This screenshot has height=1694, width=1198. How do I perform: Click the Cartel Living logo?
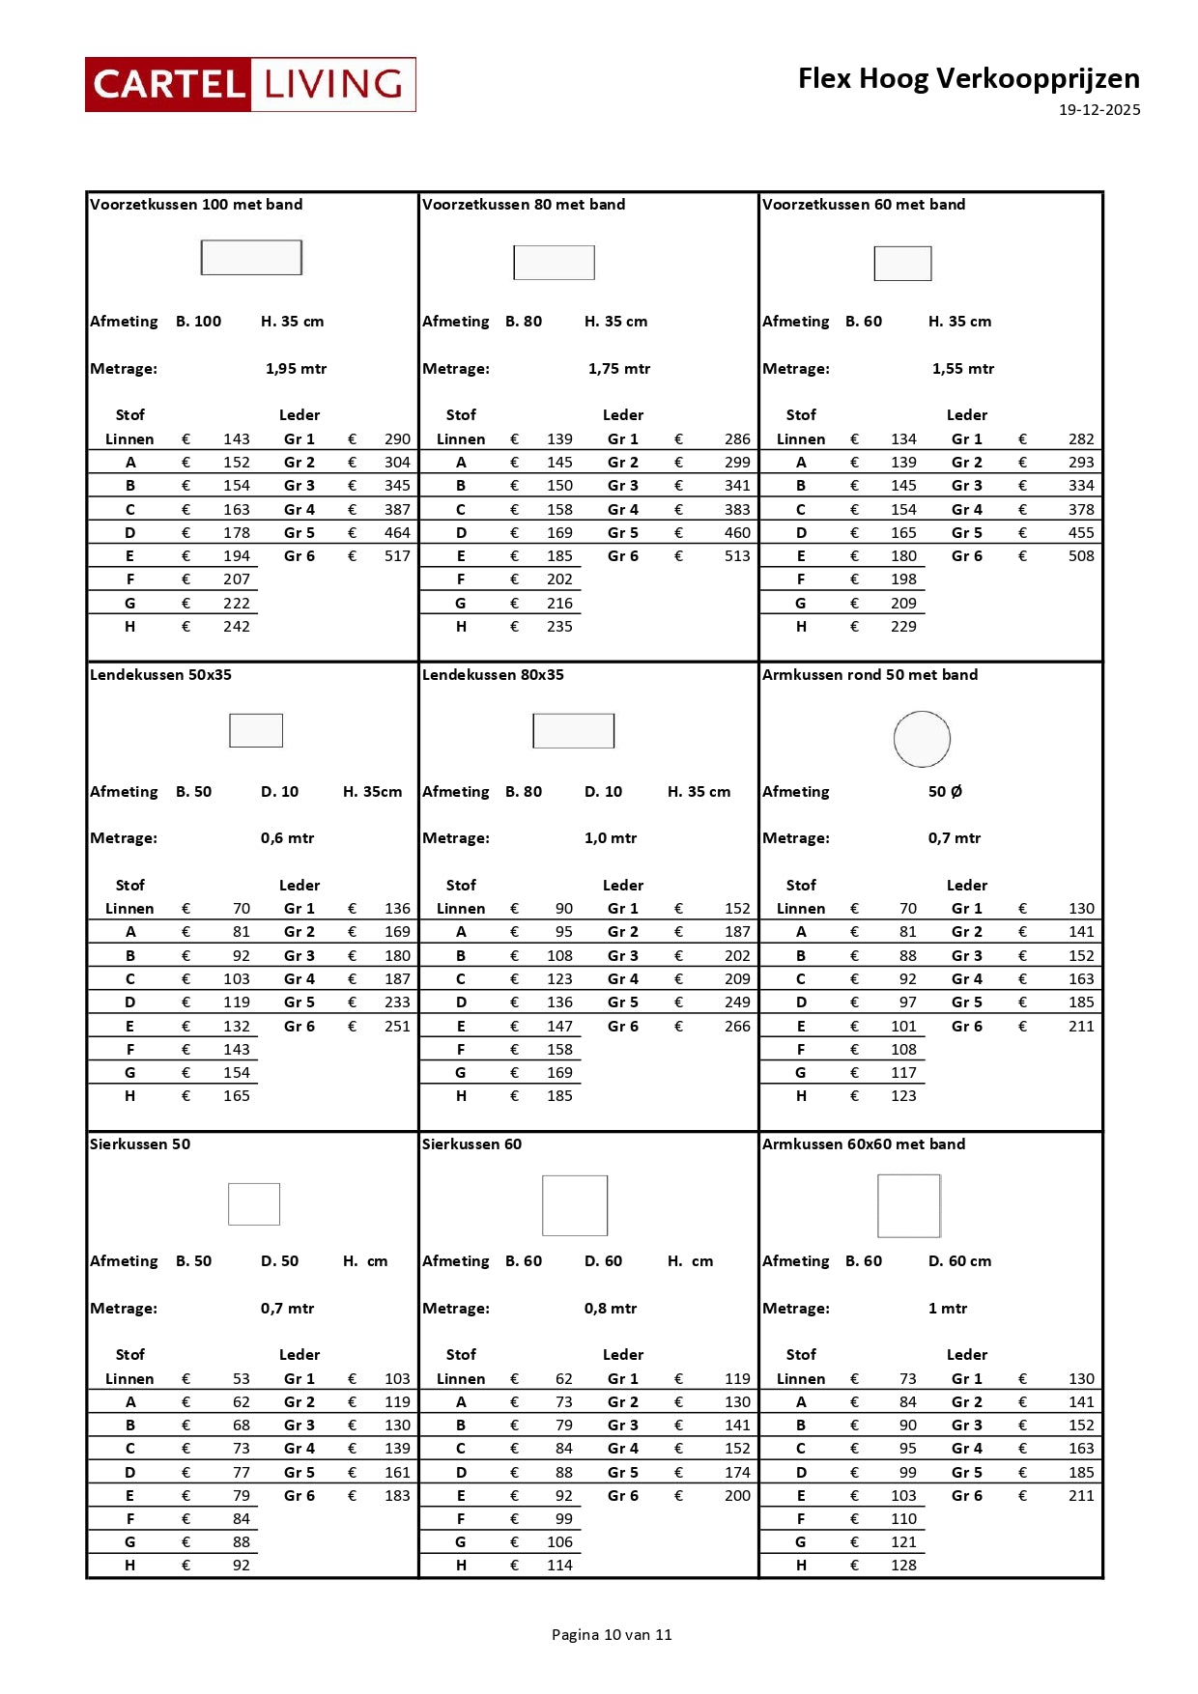250,84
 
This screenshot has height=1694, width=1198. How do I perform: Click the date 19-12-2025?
1098,110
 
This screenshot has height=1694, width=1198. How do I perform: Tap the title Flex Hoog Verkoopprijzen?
968,78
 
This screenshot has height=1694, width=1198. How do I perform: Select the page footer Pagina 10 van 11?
612,1634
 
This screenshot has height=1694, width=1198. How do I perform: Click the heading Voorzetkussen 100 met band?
196,205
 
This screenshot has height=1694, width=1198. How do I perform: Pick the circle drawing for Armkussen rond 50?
922,739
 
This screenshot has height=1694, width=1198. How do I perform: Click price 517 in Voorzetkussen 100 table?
397,556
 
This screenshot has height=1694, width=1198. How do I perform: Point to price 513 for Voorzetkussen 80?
737,556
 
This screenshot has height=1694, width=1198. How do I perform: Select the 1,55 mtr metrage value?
962,369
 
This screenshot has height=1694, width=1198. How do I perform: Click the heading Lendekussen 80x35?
493,675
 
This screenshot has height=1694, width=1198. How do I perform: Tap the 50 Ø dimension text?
945,792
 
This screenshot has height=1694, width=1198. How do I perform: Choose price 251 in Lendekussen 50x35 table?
397,1027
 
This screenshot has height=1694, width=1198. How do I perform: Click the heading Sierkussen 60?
471,1144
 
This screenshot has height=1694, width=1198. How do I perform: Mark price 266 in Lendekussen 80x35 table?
737,1027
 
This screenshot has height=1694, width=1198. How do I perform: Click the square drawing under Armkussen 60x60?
908,1205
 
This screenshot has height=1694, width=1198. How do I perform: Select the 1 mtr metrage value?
947,1309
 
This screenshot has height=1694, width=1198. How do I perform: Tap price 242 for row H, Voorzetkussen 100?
237,627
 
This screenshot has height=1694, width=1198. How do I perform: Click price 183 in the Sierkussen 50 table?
397,1496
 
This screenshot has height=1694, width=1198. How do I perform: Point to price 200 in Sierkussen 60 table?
737,1496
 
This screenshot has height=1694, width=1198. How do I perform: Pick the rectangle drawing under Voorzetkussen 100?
251,258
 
